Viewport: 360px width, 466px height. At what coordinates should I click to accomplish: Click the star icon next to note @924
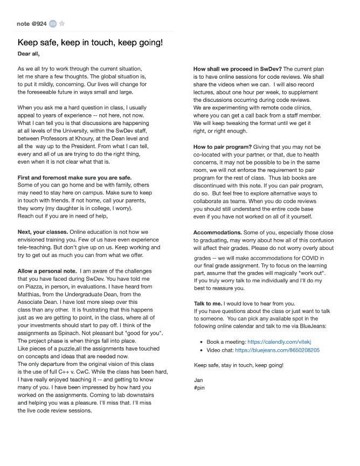[x=62, y=24]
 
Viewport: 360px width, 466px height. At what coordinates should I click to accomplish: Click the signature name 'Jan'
[x=198, y=380]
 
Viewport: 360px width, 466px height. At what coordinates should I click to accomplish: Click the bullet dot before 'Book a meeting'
[x=201, y=342]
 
